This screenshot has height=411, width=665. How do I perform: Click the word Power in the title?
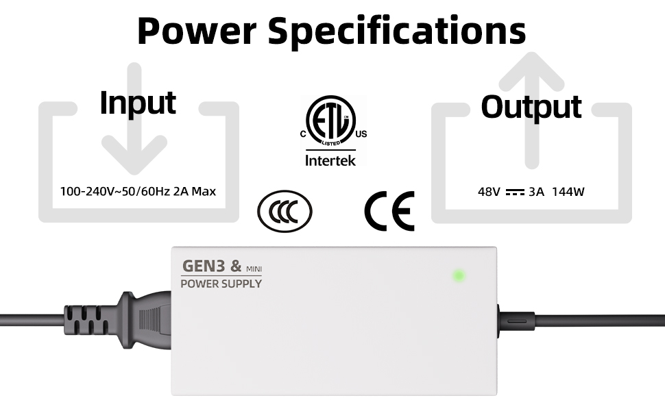195,30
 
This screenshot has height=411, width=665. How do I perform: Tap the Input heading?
138,103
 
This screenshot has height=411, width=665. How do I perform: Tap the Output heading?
531,106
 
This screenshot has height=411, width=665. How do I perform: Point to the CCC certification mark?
285,210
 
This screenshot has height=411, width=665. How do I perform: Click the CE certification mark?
389,210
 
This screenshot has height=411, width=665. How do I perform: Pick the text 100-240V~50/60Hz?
115,191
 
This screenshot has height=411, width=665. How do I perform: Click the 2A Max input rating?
194,191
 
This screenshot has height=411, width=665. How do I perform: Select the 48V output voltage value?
489,192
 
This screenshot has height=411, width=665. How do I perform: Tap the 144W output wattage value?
568,192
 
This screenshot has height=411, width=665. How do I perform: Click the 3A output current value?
536,192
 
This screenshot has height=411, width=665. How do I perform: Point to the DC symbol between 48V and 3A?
514,192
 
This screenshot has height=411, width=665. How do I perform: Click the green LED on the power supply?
459,276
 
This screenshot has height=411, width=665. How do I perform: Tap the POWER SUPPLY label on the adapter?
221,283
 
